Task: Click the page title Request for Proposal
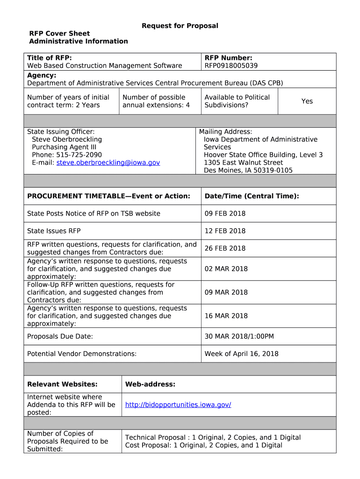[x=180, y=26]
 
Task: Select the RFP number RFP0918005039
[x=231, y=65]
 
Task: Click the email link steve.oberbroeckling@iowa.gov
[x=108, y=162]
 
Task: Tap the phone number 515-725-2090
[x=79, y=155]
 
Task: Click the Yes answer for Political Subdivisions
[x=307, y=101]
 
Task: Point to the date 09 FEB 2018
[x=225, y=213]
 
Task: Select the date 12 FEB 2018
[x=225, y=231]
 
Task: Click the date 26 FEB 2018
[x=225, y=248]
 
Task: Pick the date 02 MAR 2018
[x=226, y=269]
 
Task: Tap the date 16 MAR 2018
[x=226, y=316]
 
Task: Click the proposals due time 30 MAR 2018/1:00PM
[x=239, y=336]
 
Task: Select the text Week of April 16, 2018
[x=241, y=354]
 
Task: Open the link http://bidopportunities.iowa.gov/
[x=178, y=405]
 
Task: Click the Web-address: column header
[x=150, y=384]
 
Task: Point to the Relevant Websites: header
[x=62, y=384]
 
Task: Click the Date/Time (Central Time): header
[x=252, y=196]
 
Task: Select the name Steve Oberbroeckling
[x=66, y=139]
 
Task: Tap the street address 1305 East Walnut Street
[x=243, y=162]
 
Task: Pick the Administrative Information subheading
[x=78, y=41]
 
